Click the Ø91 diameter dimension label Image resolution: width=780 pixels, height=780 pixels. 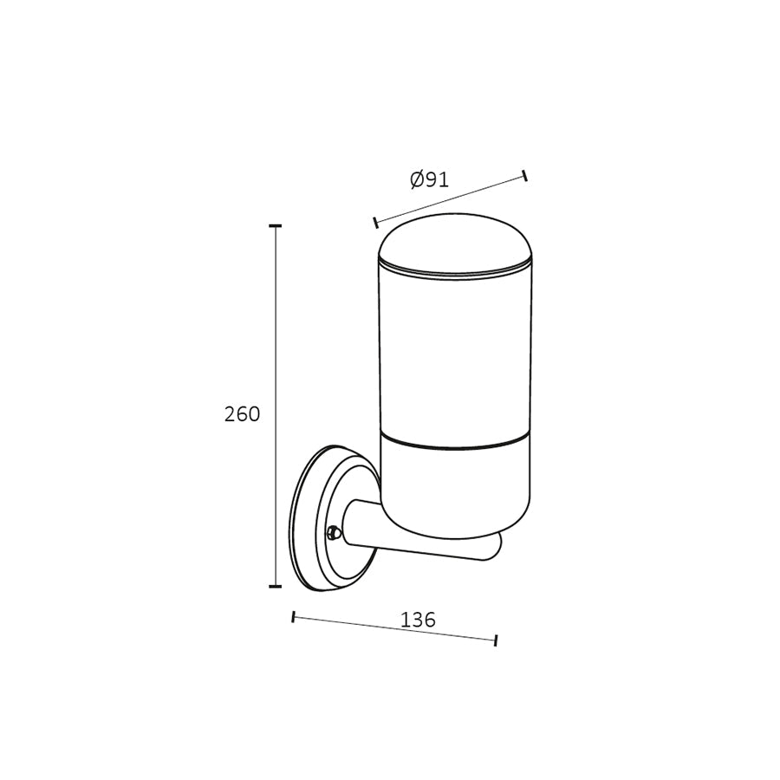coord(430,180)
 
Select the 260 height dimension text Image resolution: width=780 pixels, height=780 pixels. coord(242,414)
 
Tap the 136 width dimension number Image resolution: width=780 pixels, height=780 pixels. coord(418,621)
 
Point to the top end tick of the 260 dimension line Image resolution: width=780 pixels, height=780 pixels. coord(276,226)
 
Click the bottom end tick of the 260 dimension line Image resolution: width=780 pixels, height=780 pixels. coord(276,586)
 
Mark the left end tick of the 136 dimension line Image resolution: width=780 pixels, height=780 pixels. coord(294,617)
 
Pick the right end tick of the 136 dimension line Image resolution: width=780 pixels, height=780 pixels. coord(496,640)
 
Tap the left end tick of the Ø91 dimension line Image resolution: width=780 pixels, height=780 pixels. coord(375,222)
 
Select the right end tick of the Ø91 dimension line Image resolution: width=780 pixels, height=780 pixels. coord(525,177)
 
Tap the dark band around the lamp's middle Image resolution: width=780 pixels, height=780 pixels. coord(454,445)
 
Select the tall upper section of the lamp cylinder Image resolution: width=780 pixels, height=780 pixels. coord(454,355)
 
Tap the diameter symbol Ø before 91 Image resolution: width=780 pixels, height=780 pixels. coord(417,180)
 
